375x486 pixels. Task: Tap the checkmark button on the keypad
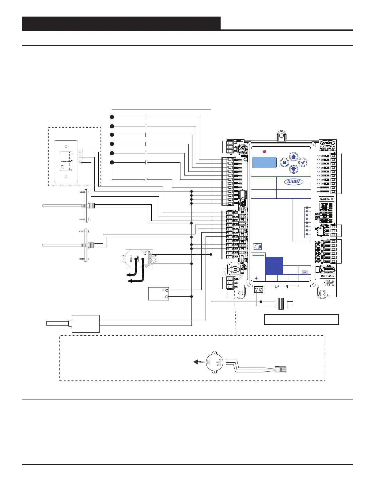coord(303,162)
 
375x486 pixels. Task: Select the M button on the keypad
coord(284,163)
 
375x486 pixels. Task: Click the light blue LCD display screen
coord(264,162)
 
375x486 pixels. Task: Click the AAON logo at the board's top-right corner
coord(328,143)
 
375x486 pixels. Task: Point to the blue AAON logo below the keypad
coord(294,182)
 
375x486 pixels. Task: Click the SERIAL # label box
coord(327,199)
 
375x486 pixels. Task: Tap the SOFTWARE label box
coord(328,276)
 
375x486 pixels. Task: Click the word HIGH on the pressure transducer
coord(131,258)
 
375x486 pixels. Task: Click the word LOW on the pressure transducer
coord(138,258)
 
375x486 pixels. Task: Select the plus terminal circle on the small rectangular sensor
coord(167,290)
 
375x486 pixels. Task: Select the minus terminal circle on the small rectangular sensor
coord(167,297)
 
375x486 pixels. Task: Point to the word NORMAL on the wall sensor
coord(64,161)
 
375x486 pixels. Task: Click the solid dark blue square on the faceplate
coord(274,265)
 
